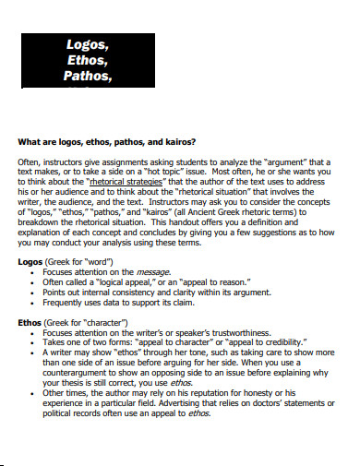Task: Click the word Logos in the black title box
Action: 88,42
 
